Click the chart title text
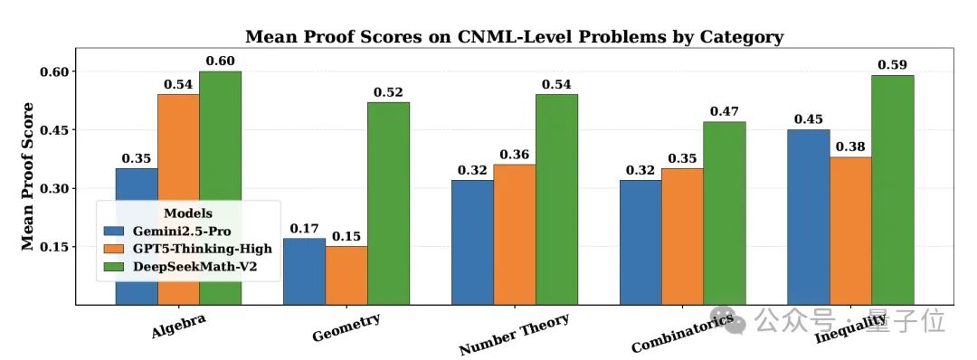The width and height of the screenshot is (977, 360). pyautogui.click(x=514, y=37)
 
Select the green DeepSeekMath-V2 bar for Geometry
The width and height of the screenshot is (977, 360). pyautogui.click(x=388, y=204)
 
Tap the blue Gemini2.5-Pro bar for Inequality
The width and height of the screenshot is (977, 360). pyautogui.click(x=808, y=217)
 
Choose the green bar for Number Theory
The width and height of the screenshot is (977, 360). pyautogui.click(x=556, y=199)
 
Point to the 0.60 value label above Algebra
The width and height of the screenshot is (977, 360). pyautogui.click(x=221, y=61)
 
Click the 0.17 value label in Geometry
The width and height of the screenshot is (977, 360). pyautogui.click(x=304, y=228)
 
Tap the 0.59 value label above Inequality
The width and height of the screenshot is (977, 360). pyautogui.click(x=893, y=64)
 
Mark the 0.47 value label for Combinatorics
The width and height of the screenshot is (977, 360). pyautogui.click(x=725, y=111)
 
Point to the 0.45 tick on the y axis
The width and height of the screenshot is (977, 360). pyautogui.click(x=56, y=130)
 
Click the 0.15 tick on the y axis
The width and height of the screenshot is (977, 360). pyautogui.click(x=56, y=247)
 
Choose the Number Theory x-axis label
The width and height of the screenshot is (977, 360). pyautogui.click(x=514, y=335)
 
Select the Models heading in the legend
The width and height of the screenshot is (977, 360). pyautogui.click(x=187, y=213)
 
